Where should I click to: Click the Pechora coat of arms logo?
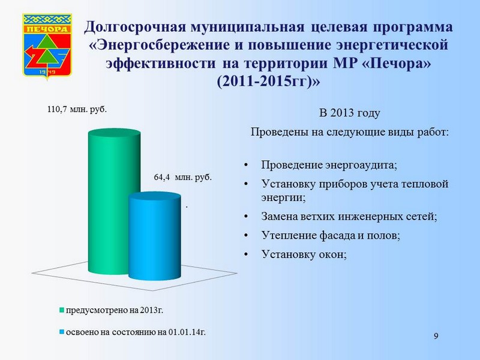click(x=47, y=46)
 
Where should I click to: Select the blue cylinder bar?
click(x=155, y=236)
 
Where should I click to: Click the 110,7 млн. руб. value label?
click(x=77, y=109)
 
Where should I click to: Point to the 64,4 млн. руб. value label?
click(x=183, y=177)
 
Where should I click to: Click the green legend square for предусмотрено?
click(x=62, y=310)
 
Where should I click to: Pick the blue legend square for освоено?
click(x=62, y=332)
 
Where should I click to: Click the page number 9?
click(x=436, y=336)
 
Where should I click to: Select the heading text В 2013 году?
click(x=350, y=113)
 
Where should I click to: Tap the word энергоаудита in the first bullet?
click(x=361, y=166)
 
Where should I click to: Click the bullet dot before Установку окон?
click(x=246, y=254)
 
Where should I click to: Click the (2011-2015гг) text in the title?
click(x=268, y=82)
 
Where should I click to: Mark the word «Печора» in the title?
click(x=397, y=64)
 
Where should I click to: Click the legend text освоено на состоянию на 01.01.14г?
click(x=136, y=332)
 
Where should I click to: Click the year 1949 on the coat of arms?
click(x=47, y=72)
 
